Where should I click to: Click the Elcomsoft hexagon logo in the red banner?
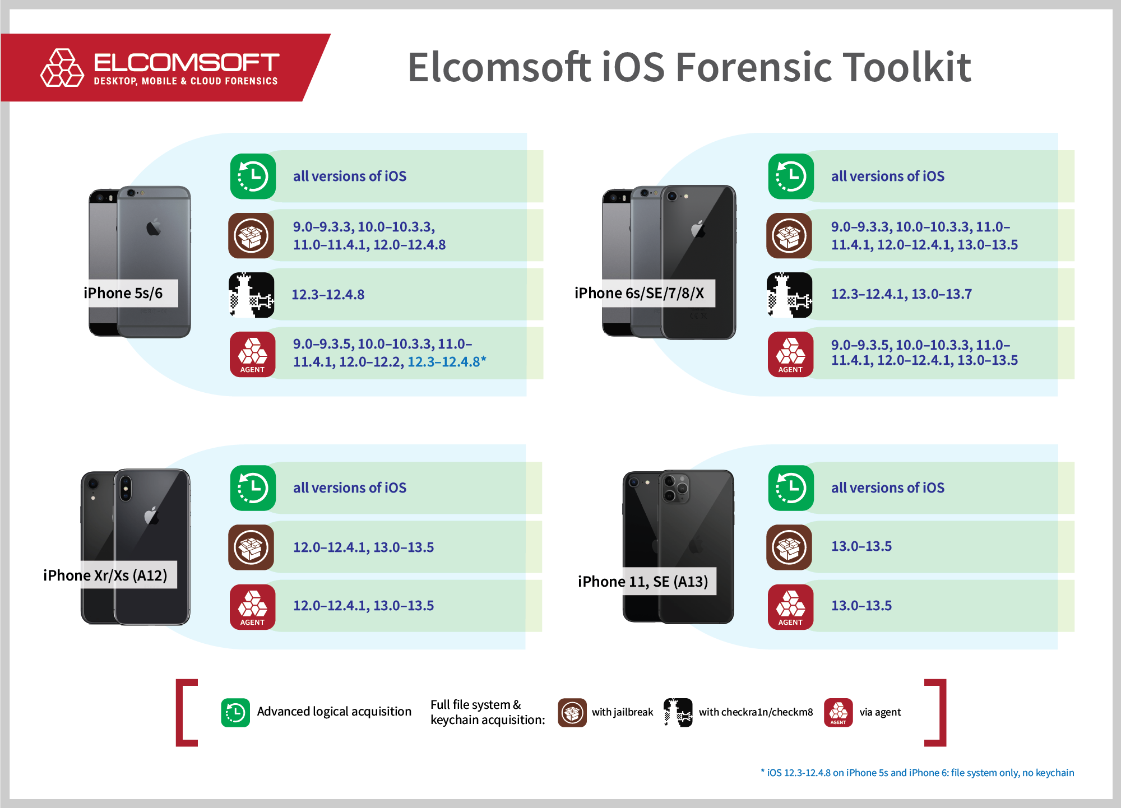62,68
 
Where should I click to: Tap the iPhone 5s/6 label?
123,293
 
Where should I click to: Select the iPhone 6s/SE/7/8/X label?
639,293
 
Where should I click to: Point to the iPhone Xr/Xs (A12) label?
105,575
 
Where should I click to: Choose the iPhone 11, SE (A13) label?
643,582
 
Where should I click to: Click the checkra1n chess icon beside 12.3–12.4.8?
252,295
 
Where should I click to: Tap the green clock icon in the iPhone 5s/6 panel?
253,177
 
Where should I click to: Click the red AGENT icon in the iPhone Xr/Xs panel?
252,607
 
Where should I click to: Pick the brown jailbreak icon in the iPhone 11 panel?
789,547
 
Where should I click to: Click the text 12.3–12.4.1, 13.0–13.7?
901,294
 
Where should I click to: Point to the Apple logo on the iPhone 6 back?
154,227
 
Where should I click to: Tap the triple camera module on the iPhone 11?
675,488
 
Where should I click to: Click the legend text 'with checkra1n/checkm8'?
756,712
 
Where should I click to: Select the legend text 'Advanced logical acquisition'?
334,712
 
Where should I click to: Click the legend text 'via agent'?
880,712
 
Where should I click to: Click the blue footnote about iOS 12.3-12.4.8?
917,773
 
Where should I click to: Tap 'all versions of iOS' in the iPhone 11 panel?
888,488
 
